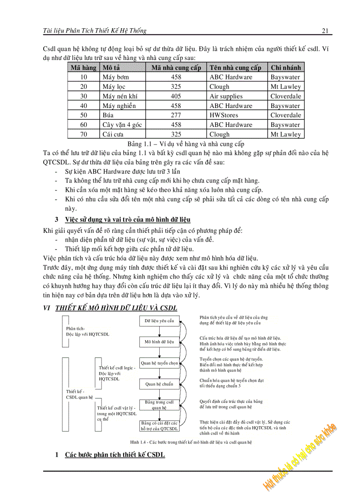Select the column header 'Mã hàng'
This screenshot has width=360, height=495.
pyautogui.click(x=83, y=67)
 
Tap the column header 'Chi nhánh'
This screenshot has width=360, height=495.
pyautogui.click(x=286, y=67)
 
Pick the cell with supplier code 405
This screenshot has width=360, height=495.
pyautogui.click(x=176, y=96)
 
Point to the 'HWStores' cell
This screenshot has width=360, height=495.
pyautogui.click(x=224, y=115)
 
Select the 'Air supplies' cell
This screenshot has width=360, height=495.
pyautogui.click(x=226, y=96)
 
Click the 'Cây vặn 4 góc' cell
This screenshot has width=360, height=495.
pyautogui.click(x=122, y=125)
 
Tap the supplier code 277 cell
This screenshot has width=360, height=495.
pyautogui.click(x=176, y=115)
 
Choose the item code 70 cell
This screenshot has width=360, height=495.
pyautogui.click(x=83, y=134)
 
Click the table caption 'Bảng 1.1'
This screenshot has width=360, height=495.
pyautogui.click(x=186, y=144)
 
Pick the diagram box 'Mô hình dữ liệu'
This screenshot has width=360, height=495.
pyautogui.click(x=159, y=342)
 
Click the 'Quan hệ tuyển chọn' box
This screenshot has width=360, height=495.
pyautogui.click(x=159, y=363)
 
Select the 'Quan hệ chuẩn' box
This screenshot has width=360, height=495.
pyautogui.click(x=159, y=384)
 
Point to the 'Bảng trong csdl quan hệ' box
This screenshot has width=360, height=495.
pyautogui.click(x=159, y=405)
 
